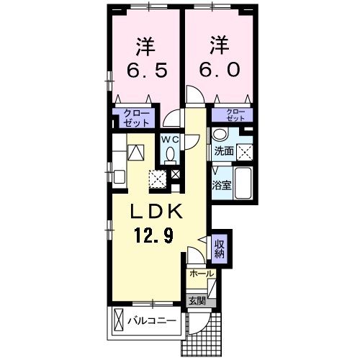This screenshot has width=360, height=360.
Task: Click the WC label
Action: pyautogui.click(x=170, y=139)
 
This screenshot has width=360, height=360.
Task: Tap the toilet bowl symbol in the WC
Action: pyautogui.click(x=170, y=154)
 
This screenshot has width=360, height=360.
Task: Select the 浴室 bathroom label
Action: pyautogui.click(x=221, y=185)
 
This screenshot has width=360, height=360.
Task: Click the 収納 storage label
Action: pyautogui.click(x=219, y=248)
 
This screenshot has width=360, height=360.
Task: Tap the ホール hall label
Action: pyautogui.click(x=201, y=274)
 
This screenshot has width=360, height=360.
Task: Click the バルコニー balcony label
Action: pyautogui.click(x=153, y=320)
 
